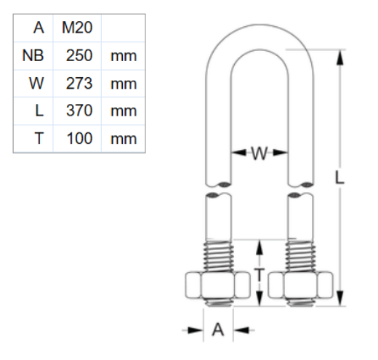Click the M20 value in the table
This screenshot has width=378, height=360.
click(x=78, y=28)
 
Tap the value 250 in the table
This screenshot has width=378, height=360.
click(x=79, y=55)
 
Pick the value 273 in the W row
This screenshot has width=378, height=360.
click(x=79, y=83)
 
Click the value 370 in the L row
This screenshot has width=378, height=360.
click(x=79, y=111)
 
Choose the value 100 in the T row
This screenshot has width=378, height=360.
click(x=79, y=138)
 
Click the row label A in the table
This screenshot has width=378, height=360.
click(x=39, y=28)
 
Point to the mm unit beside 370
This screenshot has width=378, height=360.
click(x=124, y=111)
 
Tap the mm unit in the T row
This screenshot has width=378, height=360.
click(x=124, y=138)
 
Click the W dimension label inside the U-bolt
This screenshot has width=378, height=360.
click(x=260, y=153)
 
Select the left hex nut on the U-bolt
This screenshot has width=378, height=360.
click(x=218, y=285)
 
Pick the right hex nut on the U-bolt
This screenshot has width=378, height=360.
click(x=300, y=285)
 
